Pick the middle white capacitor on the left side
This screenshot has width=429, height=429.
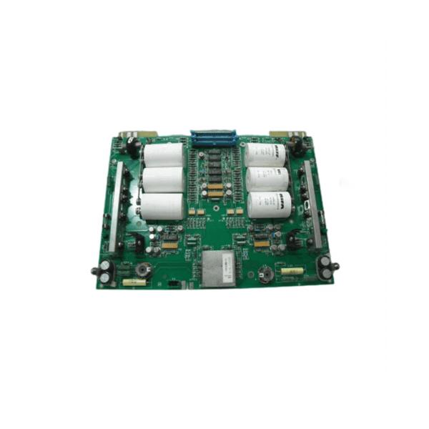pyautogui.click(x=164, y=179)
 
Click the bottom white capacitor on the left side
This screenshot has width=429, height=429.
pyautogui.click(x=162, y=206)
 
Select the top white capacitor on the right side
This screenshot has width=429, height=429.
pyautogui.click(x=267, y=152)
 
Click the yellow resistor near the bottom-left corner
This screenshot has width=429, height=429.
pyautogui.click(x=133, y=282)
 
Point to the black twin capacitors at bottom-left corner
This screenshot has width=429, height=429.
pyautogui.click(x=105, y=269)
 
